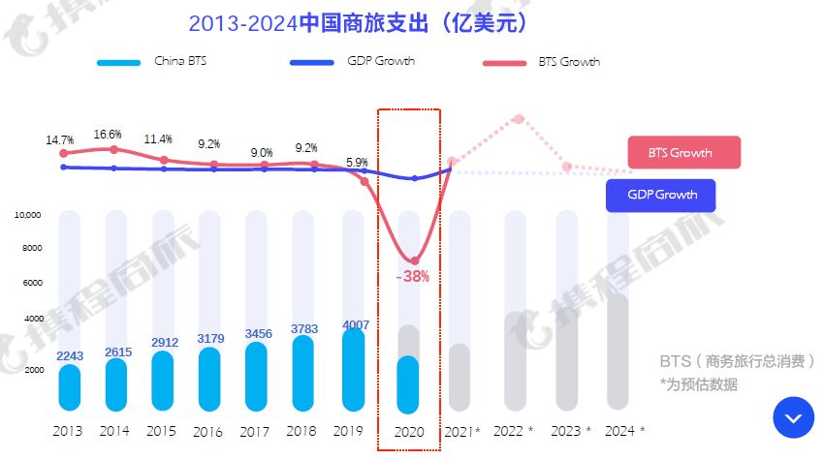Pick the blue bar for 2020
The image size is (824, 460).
pyautogui.click(x=408, y=385)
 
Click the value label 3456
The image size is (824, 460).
pyautogui.click(x=259, y=334)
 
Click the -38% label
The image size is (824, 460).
pyautogui.click(x=413, y=276)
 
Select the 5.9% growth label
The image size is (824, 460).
pyautogui.click(x=357, y=163)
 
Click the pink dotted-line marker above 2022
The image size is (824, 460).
pyautogui.click(x=519, y=119)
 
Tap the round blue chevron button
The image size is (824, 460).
pyautogui.click(x=793, y=417)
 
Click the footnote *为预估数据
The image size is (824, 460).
pyautogui.click(x=698, y=384)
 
